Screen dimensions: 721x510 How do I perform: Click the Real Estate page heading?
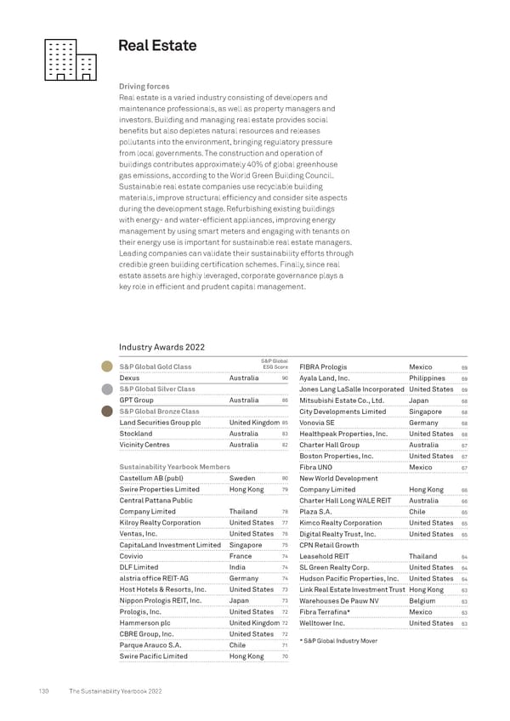[157, 46]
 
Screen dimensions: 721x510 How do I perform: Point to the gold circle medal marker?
[106, 366]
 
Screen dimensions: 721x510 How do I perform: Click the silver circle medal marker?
[106, 389]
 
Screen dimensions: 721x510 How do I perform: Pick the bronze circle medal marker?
[106, 412]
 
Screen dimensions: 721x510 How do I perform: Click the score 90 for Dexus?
[285, 378]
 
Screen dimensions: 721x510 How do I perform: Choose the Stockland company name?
[136, 434]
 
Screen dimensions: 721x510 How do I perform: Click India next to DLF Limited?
[237, 567]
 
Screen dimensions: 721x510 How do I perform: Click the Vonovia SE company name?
[317, 423]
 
